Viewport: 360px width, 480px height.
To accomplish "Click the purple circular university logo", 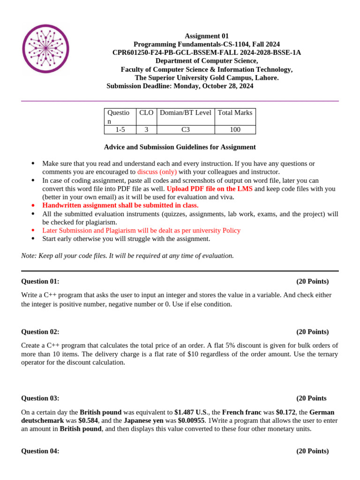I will coord(45,49).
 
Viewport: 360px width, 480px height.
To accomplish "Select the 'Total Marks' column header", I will coord(235,112).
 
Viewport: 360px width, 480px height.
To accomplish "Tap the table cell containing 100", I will coord(235,130).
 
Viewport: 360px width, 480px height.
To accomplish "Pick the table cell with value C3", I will coord(185,130).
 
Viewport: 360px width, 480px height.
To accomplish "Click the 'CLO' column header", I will coord(146,112).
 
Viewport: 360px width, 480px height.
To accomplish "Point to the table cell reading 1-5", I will coord(120,130).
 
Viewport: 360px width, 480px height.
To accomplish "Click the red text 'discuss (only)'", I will coord(157,172).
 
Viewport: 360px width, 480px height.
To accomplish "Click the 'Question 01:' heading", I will coord(40,281).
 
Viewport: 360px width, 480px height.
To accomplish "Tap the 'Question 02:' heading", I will coord(40,332).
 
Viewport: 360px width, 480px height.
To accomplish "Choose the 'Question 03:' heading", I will coord(40,398).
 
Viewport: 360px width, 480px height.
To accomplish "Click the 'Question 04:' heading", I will coord(40,451).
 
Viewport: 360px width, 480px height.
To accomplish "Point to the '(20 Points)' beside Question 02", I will coord(312,332).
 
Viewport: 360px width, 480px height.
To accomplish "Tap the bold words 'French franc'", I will coord(241,412).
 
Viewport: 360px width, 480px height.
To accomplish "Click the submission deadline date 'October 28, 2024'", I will coord(227,86).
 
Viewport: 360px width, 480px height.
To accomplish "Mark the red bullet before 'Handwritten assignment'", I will coord(33,205).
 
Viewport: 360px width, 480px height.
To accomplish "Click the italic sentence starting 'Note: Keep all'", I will coord(127,255).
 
